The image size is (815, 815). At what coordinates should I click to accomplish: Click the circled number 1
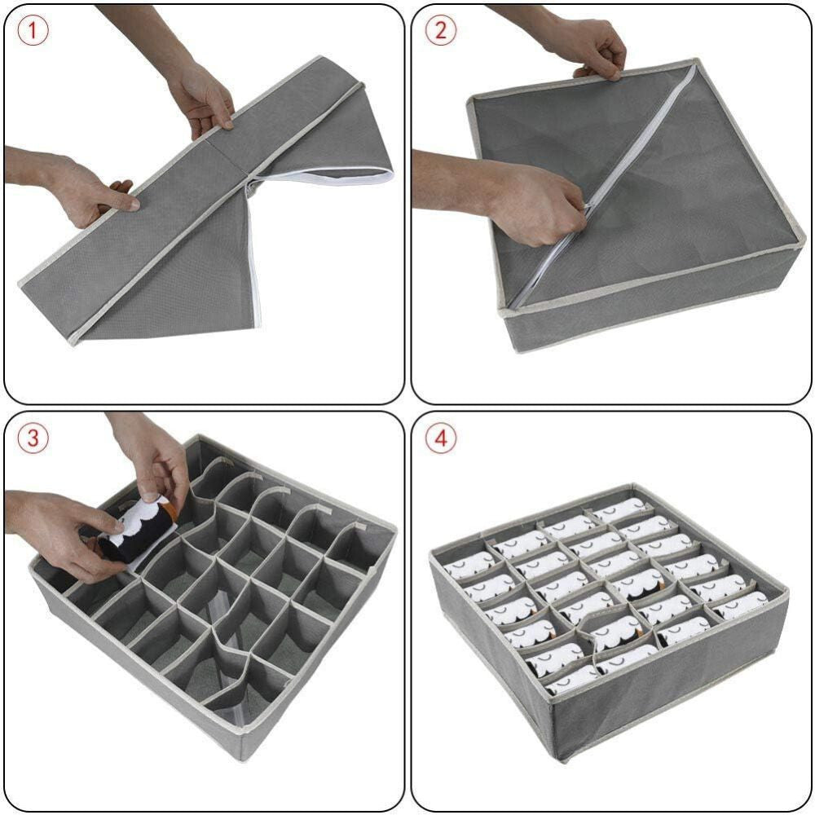tap(33, 31)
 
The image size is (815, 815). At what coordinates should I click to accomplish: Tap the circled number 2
tap(440, 31)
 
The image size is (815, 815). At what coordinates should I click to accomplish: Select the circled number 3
tap(33, 438)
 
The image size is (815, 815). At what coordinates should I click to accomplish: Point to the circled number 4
tap(440, 438)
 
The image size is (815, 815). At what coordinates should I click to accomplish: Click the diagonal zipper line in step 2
tap(603, 188)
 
